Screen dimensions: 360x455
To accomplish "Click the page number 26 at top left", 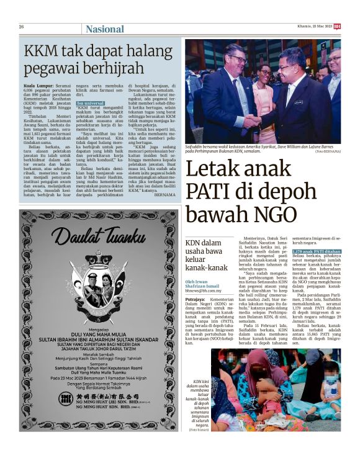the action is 22,27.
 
